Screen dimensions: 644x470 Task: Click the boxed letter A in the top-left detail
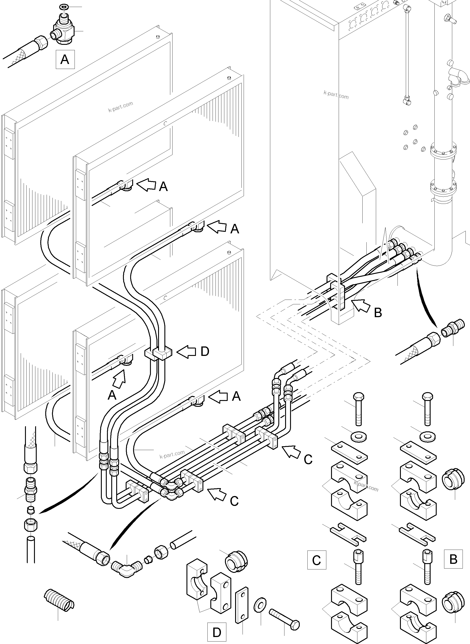click(x=65, y=59)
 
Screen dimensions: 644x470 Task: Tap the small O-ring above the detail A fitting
click(x=63, y=6)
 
